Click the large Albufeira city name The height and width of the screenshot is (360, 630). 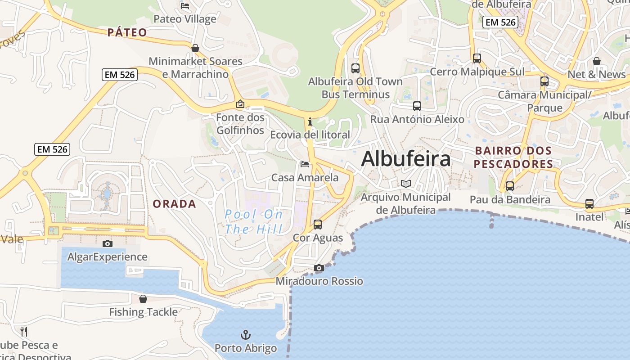[405, 159]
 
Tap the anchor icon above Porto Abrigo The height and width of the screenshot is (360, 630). [246, 335]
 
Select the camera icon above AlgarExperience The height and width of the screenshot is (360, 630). [108, 243]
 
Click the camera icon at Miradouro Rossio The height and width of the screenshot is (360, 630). [319, 268]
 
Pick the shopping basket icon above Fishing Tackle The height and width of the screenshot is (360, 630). [143, 299]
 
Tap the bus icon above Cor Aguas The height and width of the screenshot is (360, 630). [318, 224]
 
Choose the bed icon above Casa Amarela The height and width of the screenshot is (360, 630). [305, 164]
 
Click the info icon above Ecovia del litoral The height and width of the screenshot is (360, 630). [310, 121]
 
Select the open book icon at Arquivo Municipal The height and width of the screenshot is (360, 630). [406, 184]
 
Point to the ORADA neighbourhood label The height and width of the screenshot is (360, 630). [174, 204]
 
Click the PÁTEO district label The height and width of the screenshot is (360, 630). [127, 32]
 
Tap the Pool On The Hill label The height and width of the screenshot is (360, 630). [254, 221]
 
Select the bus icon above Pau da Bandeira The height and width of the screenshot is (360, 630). [510, 186]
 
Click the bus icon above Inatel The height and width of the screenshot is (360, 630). [589, 203]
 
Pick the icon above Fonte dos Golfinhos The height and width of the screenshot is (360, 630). [240, 104]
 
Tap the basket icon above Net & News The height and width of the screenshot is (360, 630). [597, 61]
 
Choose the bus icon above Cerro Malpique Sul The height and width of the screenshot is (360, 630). [477, 58]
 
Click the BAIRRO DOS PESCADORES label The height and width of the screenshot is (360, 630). [513, 157]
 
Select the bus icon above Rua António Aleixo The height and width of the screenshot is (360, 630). [417, 106]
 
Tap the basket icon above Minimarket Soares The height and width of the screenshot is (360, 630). [195, 48]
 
